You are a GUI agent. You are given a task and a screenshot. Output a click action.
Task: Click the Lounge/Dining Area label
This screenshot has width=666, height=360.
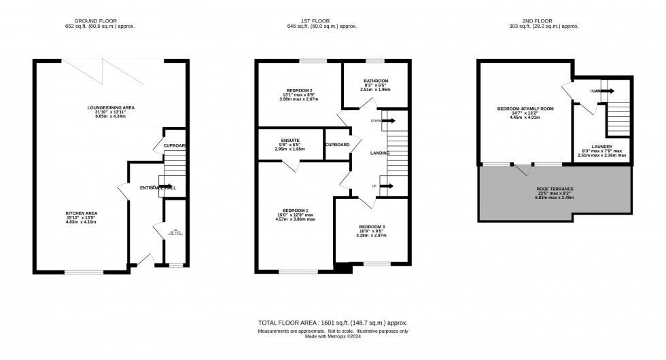point(114,107)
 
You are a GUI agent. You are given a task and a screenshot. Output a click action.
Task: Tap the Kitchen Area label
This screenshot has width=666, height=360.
point(82,213)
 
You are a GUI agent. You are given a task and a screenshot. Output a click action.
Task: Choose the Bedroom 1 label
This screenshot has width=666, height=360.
point(294,211)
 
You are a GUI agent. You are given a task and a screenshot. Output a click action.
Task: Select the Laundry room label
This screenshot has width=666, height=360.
point(601,146)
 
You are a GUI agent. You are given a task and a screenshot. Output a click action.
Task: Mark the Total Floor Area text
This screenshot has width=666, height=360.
point(333,323)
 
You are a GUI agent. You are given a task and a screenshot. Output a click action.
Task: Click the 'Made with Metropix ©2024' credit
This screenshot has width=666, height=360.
point(333,336)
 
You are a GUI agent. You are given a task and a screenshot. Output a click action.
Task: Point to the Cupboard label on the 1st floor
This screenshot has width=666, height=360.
point(338,145)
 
